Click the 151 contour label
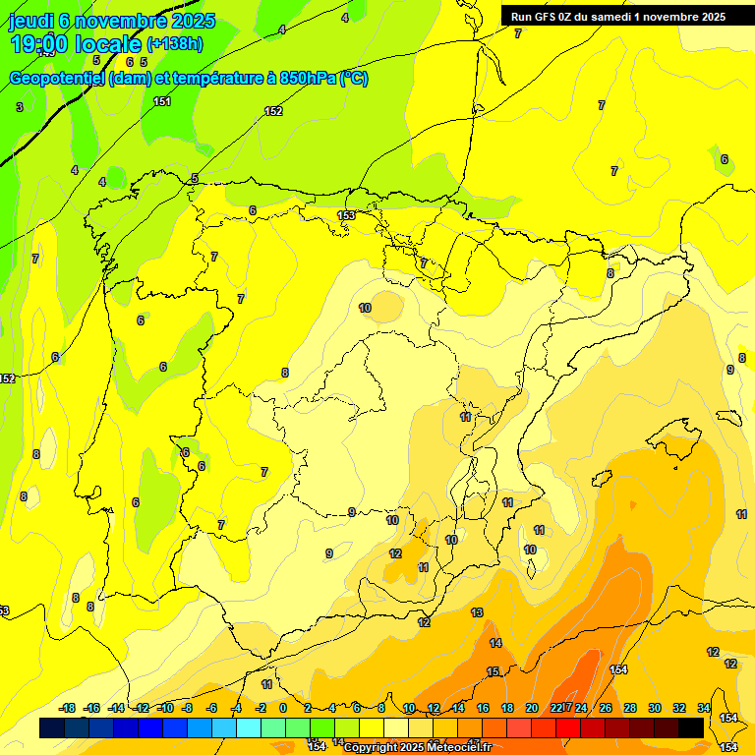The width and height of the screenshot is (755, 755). [162, 101]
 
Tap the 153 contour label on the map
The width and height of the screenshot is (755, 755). [346, 215]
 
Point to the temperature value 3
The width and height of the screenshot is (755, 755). [20, 106]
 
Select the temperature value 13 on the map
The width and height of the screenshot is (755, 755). [477, 612]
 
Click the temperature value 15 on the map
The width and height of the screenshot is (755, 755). [493, 671]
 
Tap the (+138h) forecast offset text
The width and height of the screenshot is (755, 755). [174, 43]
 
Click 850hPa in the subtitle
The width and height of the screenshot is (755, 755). [308, 79]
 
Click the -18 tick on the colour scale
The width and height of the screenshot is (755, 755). [67, 708]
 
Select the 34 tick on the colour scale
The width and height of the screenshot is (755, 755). [704, 708]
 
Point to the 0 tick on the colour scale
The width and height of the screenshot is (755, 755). [283, 708]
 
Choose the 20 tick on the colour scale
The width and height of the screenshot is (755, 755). [532, 708]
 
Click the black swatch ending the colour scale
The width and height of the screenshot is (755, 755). [691, 727]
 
